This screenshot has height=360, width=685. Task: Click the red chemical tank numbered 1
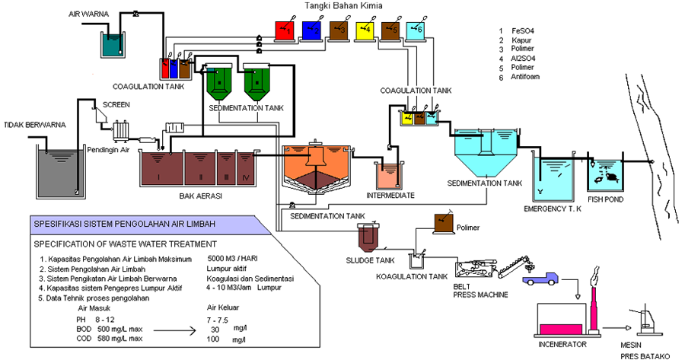[284, 29]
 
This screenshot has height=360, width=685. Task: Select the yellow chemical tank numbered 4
[365, 29]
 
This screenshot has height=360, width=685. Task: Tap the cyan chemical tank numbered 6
[418, 29]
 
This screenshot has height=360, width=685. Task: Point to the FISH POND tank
[604, 176]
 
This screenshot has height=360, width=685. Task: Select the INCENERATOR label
[564, 345]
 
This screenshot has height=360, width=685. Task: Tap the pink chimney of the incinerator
[590, 304]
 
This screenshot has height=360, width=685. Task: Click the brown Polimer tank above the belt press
[442, 223]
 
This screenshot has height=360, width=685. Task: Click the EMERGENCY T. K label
[553, 208]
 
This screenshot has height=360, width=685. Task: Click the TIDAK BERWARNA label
[36, 125]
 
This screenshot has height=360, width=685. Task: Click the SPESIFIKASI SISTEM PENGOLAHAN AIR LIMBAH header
[124, 223]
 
